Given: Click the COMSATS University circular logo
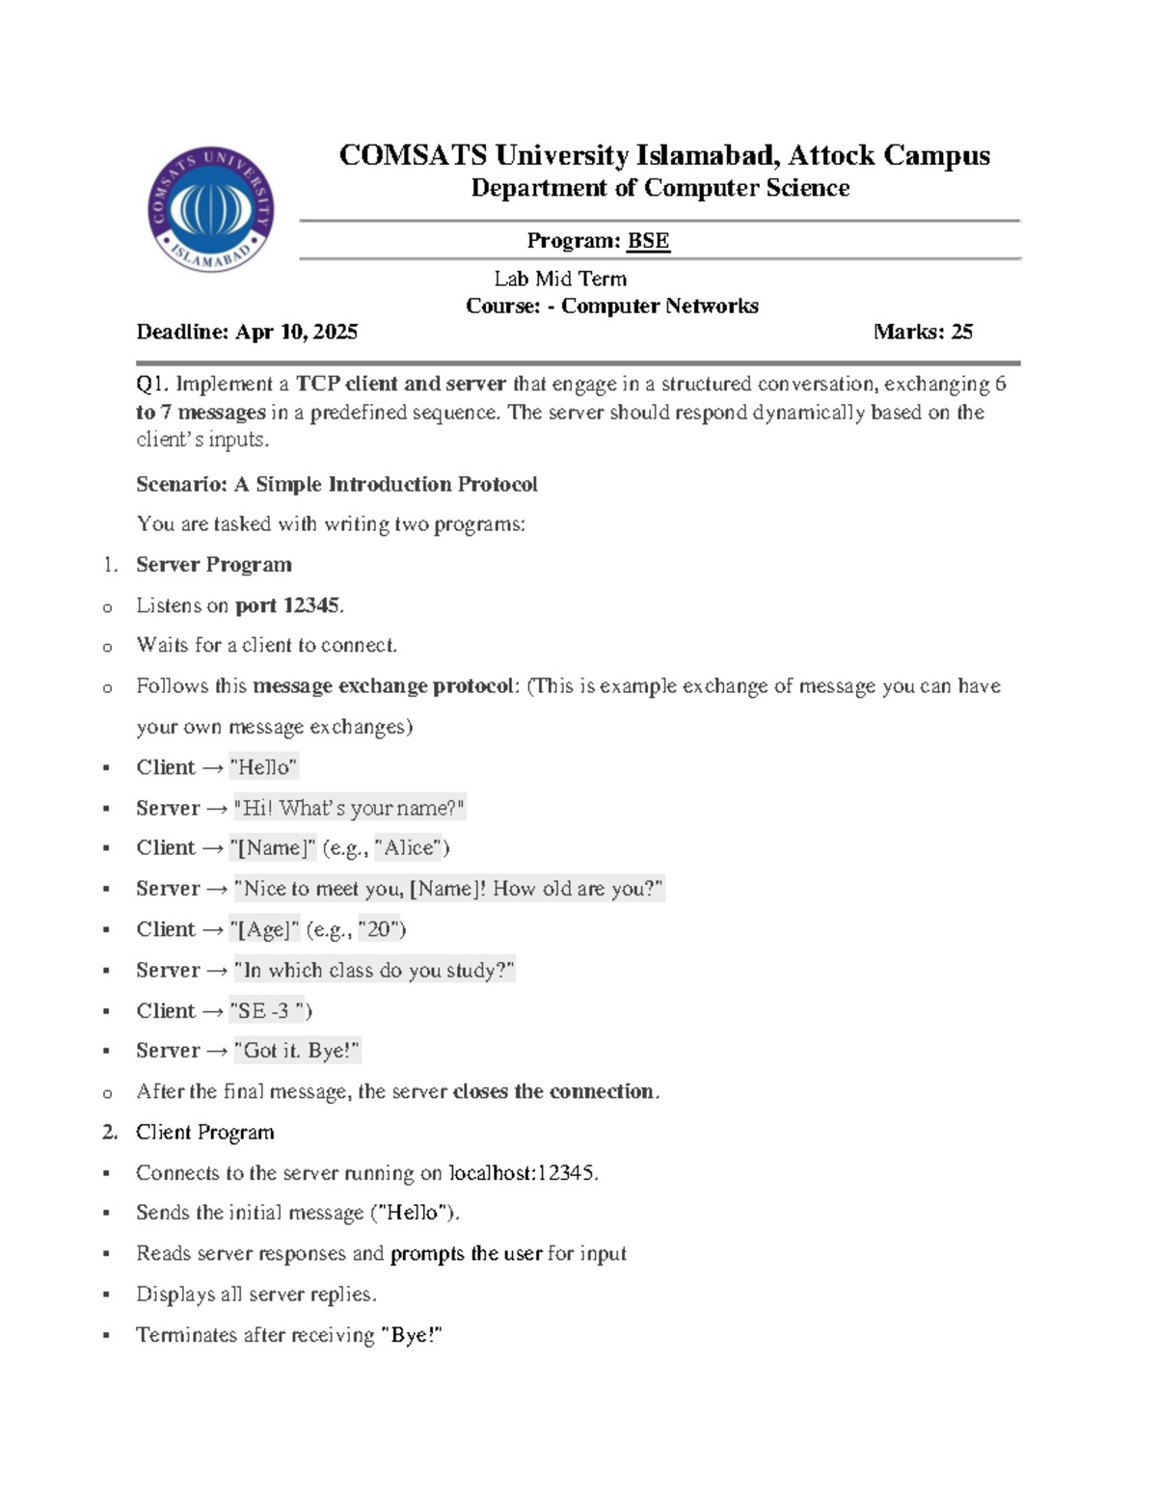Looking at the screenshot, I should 212,209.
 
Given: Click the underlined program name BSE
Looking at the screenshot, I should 648,241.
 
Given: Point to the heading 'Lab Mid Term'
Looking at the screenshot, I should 560,279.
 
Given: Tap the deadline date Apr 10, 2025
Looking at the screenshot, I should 296,332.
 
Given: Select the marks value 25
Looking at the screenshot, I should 961,332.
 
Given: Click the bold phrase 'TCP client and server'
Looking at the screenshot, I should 400,384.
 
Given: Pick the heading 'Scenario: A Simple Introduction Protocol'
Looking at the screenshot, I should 336,484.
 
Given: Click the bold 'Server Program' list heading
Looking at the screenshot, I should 213,565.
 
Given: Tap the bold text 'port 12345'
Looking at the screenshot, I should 287,605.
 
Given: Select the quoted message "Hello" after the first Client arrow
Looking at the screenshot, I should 263,767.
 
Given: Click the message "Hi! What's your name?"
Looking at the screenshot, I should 350,808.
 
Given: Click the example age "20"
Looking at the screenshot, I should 379,929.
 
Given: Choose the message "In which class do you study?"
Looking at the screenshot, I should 374,970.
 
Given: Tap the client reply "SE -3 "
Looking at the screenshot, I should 267,1011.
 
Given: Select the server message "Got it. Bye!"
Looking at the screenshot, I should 297,1051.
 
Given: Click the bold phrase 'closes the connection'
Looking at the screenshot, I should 553,1091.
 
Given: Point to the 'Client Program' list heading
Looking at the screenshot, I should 204,1133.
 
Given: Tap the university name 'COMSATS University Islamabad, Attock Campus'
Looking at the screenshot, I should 664,155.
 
